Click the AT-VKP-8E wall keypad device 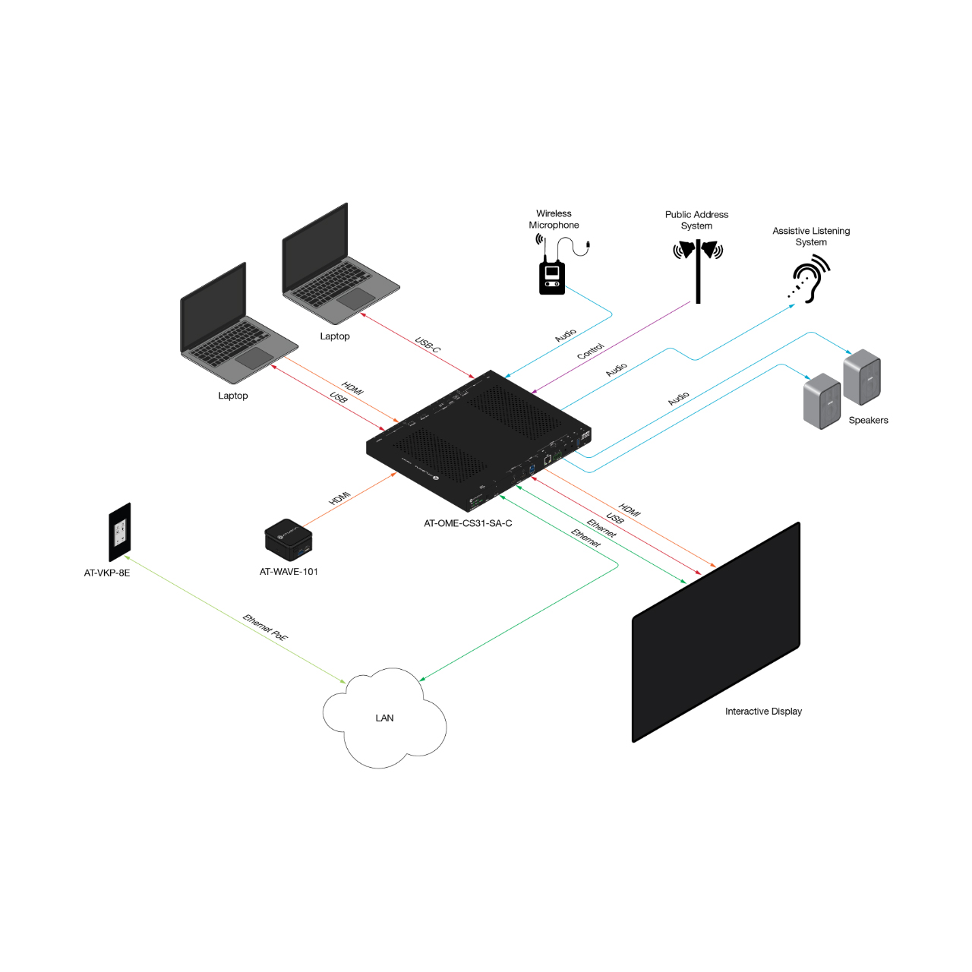click(120, 532)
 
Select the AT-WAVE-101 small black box click(289, 540)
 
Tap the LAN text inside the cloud click(384, 718)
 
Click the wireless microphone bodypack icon click(552, 276)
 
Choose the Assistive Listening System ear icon click(810, 279)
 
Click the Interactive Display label click(763, 712)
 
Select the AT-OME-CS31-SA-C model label click(468, 523)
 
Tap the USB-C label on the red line click(428, 345)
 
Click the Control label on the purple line click(590, 351)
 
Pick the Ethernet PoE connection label click(265, 627)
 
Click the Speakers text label click(868, 420)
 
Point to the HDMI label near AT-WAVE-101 click(339, 498)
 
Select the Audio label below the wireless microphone click(566, 336)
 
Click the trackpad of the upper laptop click(357, 298)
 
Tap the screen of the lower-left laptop click(213, 308)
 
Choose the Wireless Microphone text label click(554, 219)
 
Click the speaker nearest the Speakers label click(862, 377)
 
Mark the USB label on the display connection click(614, 518)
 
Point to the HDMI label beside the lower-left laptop click(352, 388)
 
